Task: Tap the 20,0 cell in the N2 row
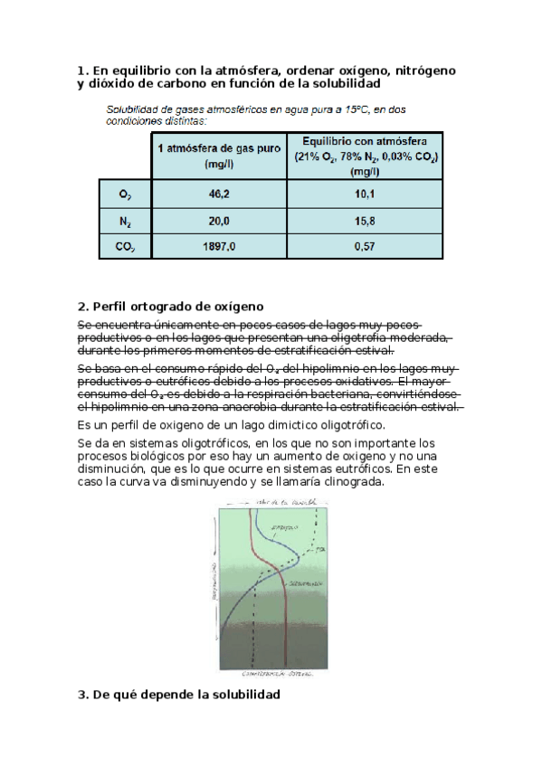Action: [219, 220]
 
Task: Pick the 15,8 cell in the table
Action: [366, 220]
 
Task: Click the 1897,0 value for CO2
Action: [219, 245]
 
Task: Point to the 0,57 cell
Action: [366, 245]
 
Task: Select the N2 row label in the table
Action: [126, 220]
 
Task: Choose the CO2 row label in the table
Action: [126, 245]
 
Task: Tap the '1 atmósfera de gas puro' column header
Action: [219, 156]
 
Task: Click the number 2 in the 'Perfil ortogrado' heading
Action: [81, 306]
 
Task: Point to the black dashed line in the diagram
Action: [256, 615]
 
